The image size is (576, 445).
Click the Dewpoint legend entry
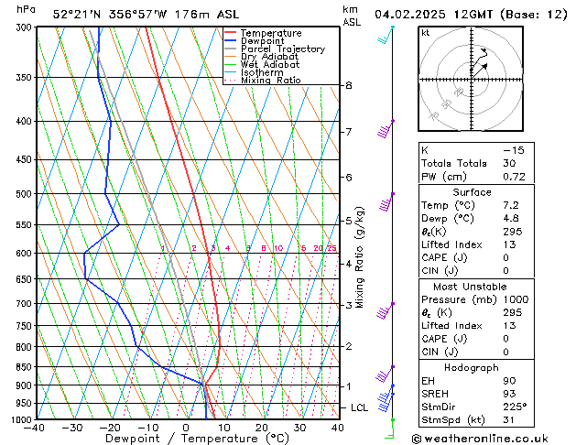point(262,41)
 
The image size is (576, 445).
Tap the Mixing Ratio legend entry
point(271,81)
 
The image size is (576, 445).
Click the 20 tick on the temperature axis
point(262,428)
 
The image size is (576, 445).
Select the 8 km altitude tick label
point(349,85)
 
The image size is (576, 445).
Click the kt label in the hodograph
point(426,32)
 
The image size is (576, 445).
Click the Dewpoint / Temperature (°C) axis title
point(187,440)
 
